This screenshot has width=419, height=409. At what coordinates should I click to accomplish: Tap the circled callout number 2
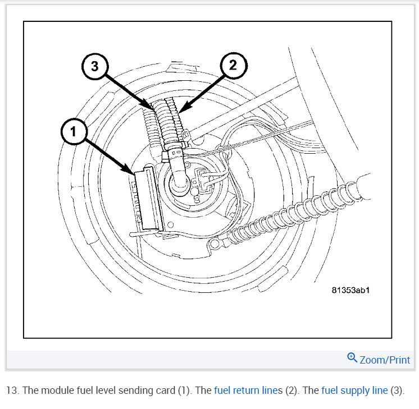click(233, 65)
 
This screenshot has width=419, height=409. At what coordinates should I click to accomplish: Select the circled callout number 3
click(94, 66)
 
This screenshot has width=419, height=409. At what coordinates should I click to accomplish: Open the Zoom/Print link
click(385, 360)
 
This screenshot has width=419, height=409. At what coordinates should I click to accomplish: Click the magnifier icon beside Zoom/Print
click(352, 357)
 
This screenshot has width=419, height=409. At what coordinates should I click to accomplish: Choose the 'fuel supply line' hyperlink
click(354, 390)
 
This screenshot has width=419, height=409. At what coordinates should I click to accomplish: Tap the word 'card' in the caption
click(158, 390)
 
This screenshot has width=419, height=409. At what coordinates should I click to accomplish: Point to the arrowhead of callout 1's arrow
click(132, 172)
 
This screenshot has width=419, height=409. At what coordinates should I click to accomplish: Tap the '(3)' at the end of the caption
click(396, 390)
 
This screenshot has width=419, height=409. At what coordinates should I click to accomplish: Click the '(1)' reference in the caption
click(181, 390)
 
